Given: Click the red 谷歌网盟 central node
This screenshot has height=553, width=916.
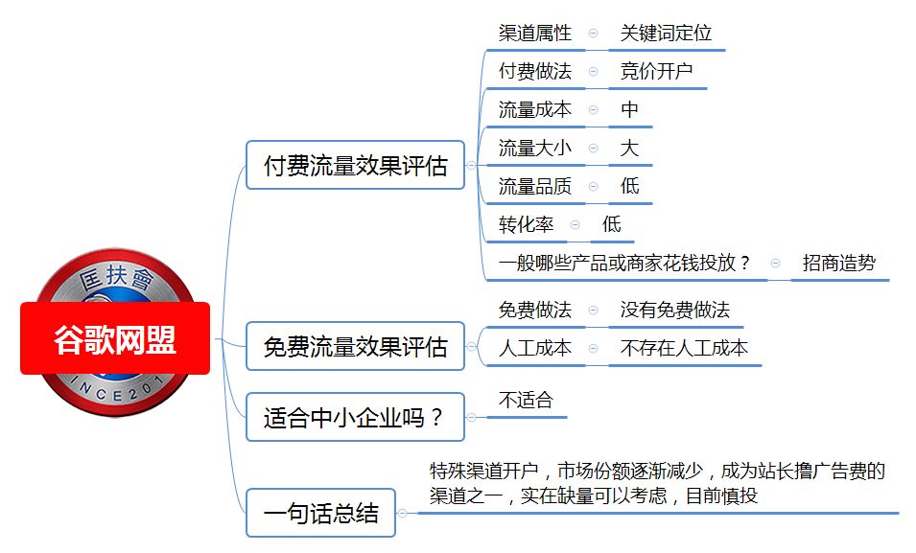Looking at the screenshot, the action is (x=115, y=338).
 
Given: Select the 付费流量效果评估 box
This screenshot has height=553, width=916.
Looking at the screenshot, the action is (x=355, y=165).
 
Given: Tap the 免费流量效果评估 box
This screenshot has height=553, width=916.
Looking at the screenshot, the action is (x=355, y=346).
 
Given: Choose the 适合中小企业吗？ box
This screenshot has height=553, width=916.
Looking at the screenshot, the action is (x=355, y=417).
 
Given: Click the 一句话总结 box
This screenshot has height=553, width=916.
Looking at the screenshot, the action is (x=320, y=513).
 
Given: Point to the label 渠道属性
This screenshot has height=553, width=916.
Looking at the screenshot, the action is (x=534, y=33).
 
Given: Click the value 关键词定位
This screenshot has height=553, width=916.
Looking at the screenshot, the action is (x=666, y=33).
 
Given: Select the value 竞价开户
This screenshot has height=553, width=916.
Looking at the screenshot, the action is (x=657, y=71).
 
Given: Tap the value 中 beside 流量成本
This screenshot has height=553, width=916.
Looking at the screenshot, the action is (x=629, y=109).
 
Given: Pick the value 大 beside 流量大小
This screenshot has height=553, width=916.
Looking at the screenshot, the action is (x=629, y=148).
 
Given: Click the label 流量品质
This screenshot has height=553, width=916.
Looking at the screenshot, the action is (x=534, y=186).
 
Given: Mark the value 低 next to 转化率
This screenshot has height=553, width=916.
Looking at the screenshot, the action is (x=612, y=224).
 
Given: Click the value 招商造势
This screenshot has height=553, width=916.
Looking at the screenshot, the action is (x=839, y=263).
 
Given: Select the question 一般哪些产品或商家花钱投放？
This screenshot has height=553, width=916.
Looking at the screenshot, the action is (x=624, y=263).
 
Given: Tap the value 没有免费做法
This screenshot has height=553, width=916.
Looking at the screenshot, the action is (x=675, y=310).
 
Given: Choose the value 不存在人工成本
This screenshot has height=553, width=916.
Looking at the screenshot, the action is (x=684, y=348).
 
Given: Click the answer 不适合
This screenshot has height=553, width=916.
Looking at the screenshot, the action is (x=526, y=400).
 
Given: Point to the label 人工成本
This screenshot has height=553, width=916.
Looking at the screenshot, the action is (x=534, y=348).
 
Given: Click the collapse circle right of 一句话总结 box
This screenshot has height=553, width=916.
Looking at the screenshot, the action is (x=402, y=514).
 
